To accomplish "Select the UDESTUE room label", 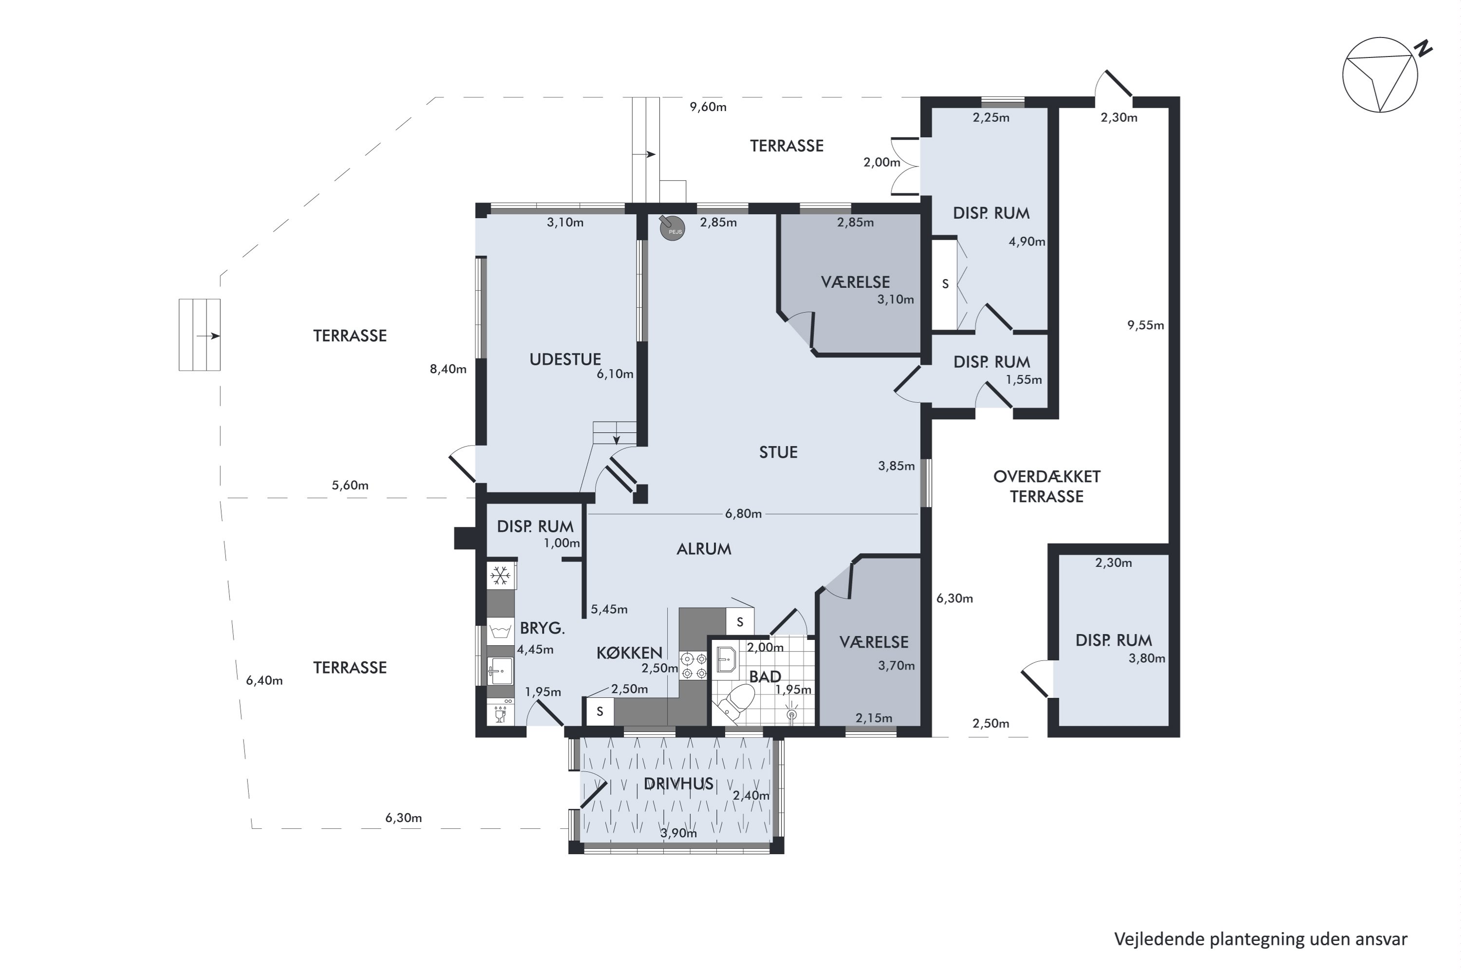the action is pyautogui.click(x=565, y=359).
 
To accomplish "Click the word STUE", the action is pyautogui.click(x=778, y=452).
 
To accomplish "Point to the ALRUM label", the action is pyautogui.click(x=704, y=548).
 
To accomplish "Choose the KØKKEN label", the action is pyautogui.click(x=629, y=653).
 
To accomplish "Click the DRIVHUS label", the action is pyautogui.click(x=678, y=784).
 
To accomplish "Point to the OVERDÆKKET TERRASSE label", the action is pyautogui.click(x=1047, y=487).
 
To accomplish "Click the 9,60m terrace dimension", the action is pyautogui.click(x=708, y=107).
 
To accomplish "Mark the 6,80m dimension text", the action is pyautogui.click(x=743, y=514).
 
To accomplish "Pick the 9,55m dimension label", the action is pyautogui.click(x=1146, y=325).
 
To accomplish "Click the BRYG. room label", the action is pyautogui.click(x=543, y=629).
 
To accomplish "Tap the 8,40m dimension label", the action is pyautogui.click(x=448, y=369).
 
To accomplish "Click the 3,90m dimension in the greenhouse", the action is pyautogui.click(x=678, y=833).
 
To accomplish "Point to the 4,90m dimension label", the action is pyautogui.click(x=1027, y=242).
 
